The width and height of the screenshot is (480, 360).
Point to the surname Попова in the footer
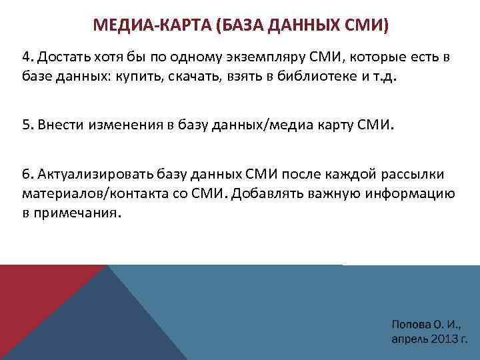pos(412,325)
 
